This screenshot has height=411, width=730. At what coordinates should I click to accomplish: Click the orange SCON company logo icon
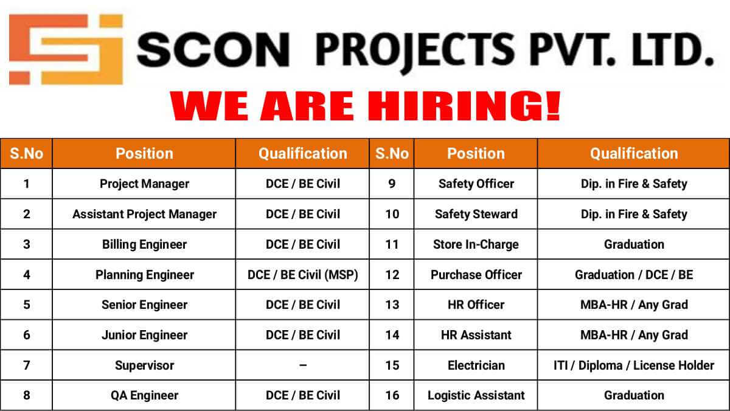[66, 49]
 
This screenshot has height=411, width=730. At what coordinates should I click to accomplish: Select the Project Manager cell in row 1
[144, 184]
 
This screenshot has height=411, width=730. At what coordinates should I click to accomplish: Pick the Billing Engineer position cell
[144, 244]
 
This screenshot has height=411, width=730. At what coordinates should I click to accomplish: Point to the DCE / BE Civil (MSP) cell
[303, 275]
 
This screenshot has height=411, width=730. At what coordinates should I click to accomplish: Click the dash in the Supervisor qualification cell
[303, 365]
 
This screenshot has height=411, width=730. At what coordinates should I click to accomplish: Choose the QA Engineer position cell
[144, 396]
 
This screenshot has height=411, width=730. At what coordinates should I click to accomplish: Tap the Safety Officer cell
[476, 184]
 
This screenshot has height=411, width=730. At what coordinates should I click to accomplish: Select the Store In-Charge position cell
[476, 244]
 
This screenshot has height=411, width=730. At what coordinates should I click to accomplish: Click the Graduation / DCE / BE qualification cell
[634, 275]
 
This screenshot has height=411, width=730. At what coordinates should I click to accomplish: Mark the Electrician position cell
[476, 365]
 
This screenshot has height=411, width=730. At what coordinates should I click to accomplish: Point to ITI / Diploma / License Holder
[634, 365]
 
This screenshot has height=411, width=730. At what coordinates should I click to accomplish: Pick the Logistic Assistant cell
[476, 396]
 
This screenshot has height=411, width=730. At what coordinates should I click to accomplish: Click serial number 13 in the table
[392, 305]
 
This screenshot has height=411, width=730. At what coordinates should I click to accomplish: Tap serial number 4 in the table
[26, 275]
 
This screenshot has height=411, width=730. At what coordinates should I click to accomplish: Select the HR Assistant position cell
[476, 335]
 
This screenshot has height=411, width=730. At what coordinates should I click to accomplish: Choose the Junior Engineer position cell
[144, 335]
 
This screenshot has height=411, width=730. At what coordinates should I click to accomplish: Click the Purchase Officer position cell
[476, 275]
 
